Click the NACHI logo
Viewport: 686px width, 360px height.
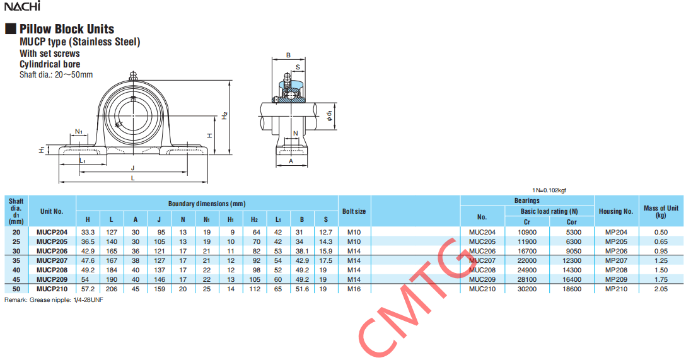tap(22, 6)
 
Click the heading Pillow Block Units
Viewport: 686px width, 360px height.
tap(66, 29)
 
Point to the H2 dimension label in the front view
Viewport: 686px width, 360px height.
tap(224, 116)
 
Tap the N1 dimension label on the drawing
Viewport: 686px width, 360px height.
tap(79, 131)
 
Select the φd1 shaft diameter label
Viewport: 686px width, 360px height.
tap(329, 115)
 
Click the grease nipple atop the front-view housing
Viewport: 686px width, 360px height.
tap(133, 76)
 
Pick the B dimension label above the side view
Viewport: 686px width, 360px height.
tap(288, 55)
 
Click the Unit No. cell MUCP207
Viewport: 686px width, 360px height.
tap(52, 261)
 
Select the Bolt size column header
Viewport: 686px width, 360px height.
tap(354, 211)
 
